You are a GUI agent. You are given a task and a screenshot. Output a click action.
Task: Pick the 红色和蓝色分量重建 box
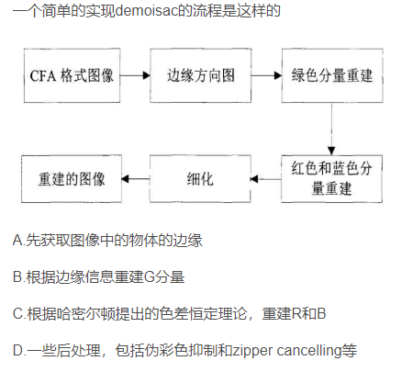point(331,177)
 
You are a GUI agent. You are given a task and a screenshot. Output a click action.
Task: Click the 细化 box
point(200,177)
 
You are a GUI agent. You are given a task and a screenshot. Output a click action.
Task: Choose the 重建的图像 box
point(73,177)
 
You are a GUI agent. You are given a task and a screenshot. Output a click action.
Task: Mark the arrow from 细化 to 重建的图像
point(137,178)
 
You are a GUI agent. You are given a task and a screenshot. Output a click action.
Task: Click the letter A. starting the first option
point(18,241)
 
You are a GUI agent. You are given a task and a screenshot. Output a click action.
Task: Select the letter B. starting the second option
point(18,276)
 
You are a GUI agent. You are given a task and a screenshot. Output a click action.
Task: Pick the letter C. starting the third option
point(18,313)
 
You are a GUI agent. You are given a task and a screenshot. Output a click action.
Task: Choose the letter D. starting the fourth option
point(18,350)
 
